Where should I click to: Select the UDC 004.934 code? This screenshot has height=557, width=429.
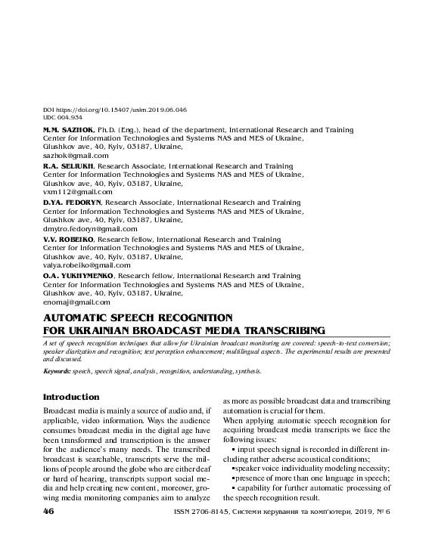[x=63, y=117]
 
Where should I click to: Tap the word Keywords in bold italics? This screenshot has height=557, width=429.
[x=57, y=372]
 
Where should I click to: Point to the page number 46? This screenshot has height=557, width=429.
[x=50, y=512]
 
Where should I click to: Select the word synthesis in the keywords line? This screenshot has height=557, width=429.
[x=247, y=372]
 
